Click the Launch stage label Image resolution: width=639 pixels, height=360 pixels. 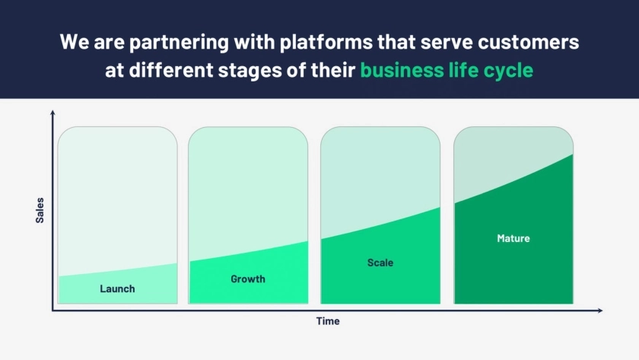pyautogui.click(x=117, y=288)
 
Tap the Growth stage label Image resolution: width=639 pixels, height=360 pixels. pyautogui.click(x=248, y=279)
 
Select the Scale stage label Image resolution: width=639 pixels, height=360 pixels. pyautogui.click(x=380, y=263)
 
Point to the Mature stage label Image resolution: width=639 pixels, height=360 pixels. pyautogui.click(x=513, y=238)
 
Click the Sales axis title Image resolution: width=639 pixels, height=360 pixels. pyautogui.click(x=40, y=210)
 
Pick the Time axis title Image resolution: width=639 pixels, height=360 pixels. pyautogui.click(x=328, y=321)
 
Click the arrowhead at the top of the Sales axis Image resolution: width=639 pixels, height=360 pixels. pyautogui.click(x=52, y=113)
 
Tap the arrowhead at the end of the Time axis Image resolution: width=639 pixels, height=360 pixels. pyautogui.click(x=600, y=311)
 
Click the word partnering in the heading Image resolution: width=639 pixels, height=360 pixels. pyautogui.click(x=179, y=43)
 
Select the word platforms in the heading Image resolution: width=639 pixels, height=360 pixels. pyautogui.click(x=326, y=42)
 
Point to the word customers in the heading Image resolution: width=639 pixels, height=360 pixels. pyautogui.click(x=528, y=43)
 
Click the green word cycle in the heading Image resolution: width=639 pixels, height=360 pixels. pyautogui.click(x=508, y=71)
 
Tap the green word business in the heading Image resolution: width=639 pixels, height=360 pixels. pyautogui.click(x=402, y=70)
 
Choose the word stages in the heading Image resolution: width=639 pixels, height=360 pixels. pyautogui.click(x=250, y=71)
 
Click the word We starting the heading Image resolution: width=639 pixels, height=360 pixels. pyautogui.click(x=75, y=43)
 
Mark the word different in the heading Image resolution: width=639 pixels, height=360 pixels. pyautogui.click(x=171, y=70)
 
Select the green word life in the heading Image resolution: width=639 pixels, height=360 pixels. pyautogui.click(x=463, y=70)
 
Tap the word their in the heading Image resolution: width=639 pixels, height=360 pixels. pyautogui.click(x=333, y=70)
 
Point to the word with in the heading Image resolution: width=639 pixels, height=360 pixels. pyautogui.click(x=254, y=42)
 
